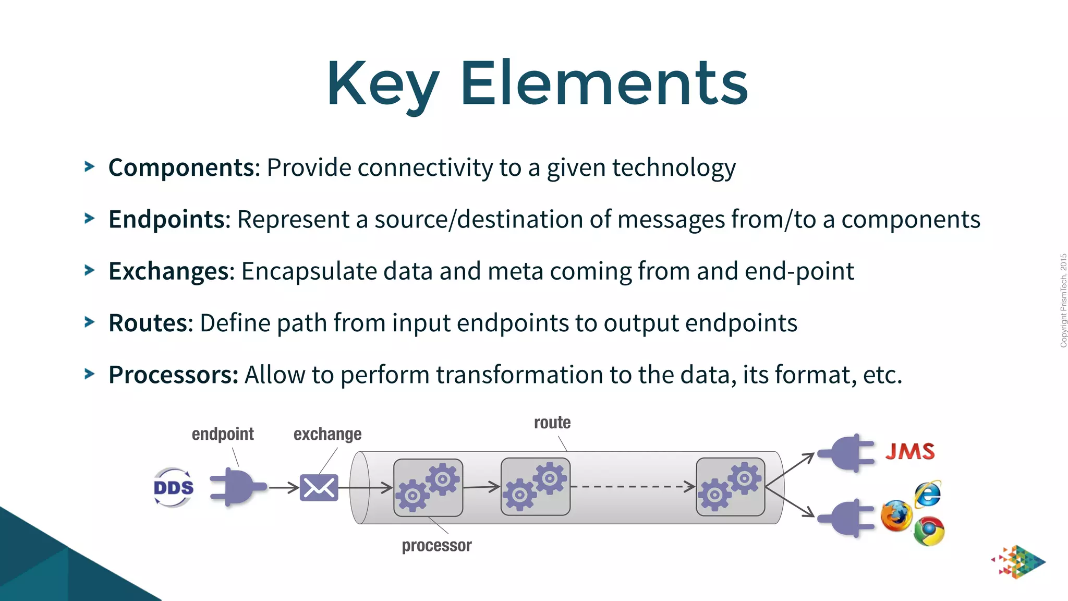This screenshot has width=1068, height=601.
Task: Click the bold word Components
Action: point(181,168)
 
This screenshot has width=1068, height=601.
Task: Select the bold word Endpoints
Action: point(166,220)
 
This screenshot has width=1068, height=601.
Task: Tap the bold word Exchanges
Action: point(168,271)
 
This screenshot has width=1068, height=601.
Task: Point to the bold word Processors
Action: point(173,375)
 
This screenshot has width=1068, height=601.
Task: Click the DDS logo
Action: point(174,488)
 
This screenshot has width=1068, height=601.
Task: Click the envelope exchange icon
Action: point(319,488)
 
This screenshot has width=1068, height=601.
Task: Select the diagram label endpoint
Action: point(223,434)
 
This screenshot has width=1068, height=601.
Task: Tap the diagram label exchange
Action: point(327,434)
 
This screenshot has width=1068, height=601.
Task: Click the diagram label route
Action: point(552,423)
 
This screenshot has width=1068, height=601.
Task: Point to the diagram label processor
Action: point(436,546)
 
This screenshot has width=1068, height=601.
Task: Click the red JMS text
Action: point(910,451)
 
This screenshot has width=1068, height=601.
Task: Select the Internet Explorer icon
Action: point(928,494)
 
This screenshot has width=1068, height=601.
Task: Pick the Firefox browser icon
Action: point(896,516)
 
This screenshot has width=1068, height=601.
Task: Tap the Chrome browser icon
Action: point(929,531)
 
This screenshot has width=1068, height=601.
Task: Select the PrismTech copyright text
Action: point(1063,300)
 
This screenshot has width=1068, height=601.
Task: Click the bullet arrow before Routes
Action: point(90,322)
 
